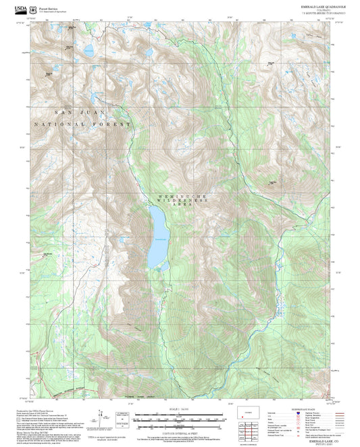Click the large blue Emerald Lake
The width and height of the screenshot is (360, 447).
(158, 236)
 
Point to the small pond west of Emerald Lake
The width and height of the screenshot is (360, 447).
(122, 239)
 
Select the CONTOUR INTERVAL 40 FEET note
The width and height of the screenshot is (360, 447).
(180, 431)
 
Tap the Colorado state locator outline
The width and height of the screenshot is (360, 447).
(247, 413)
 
